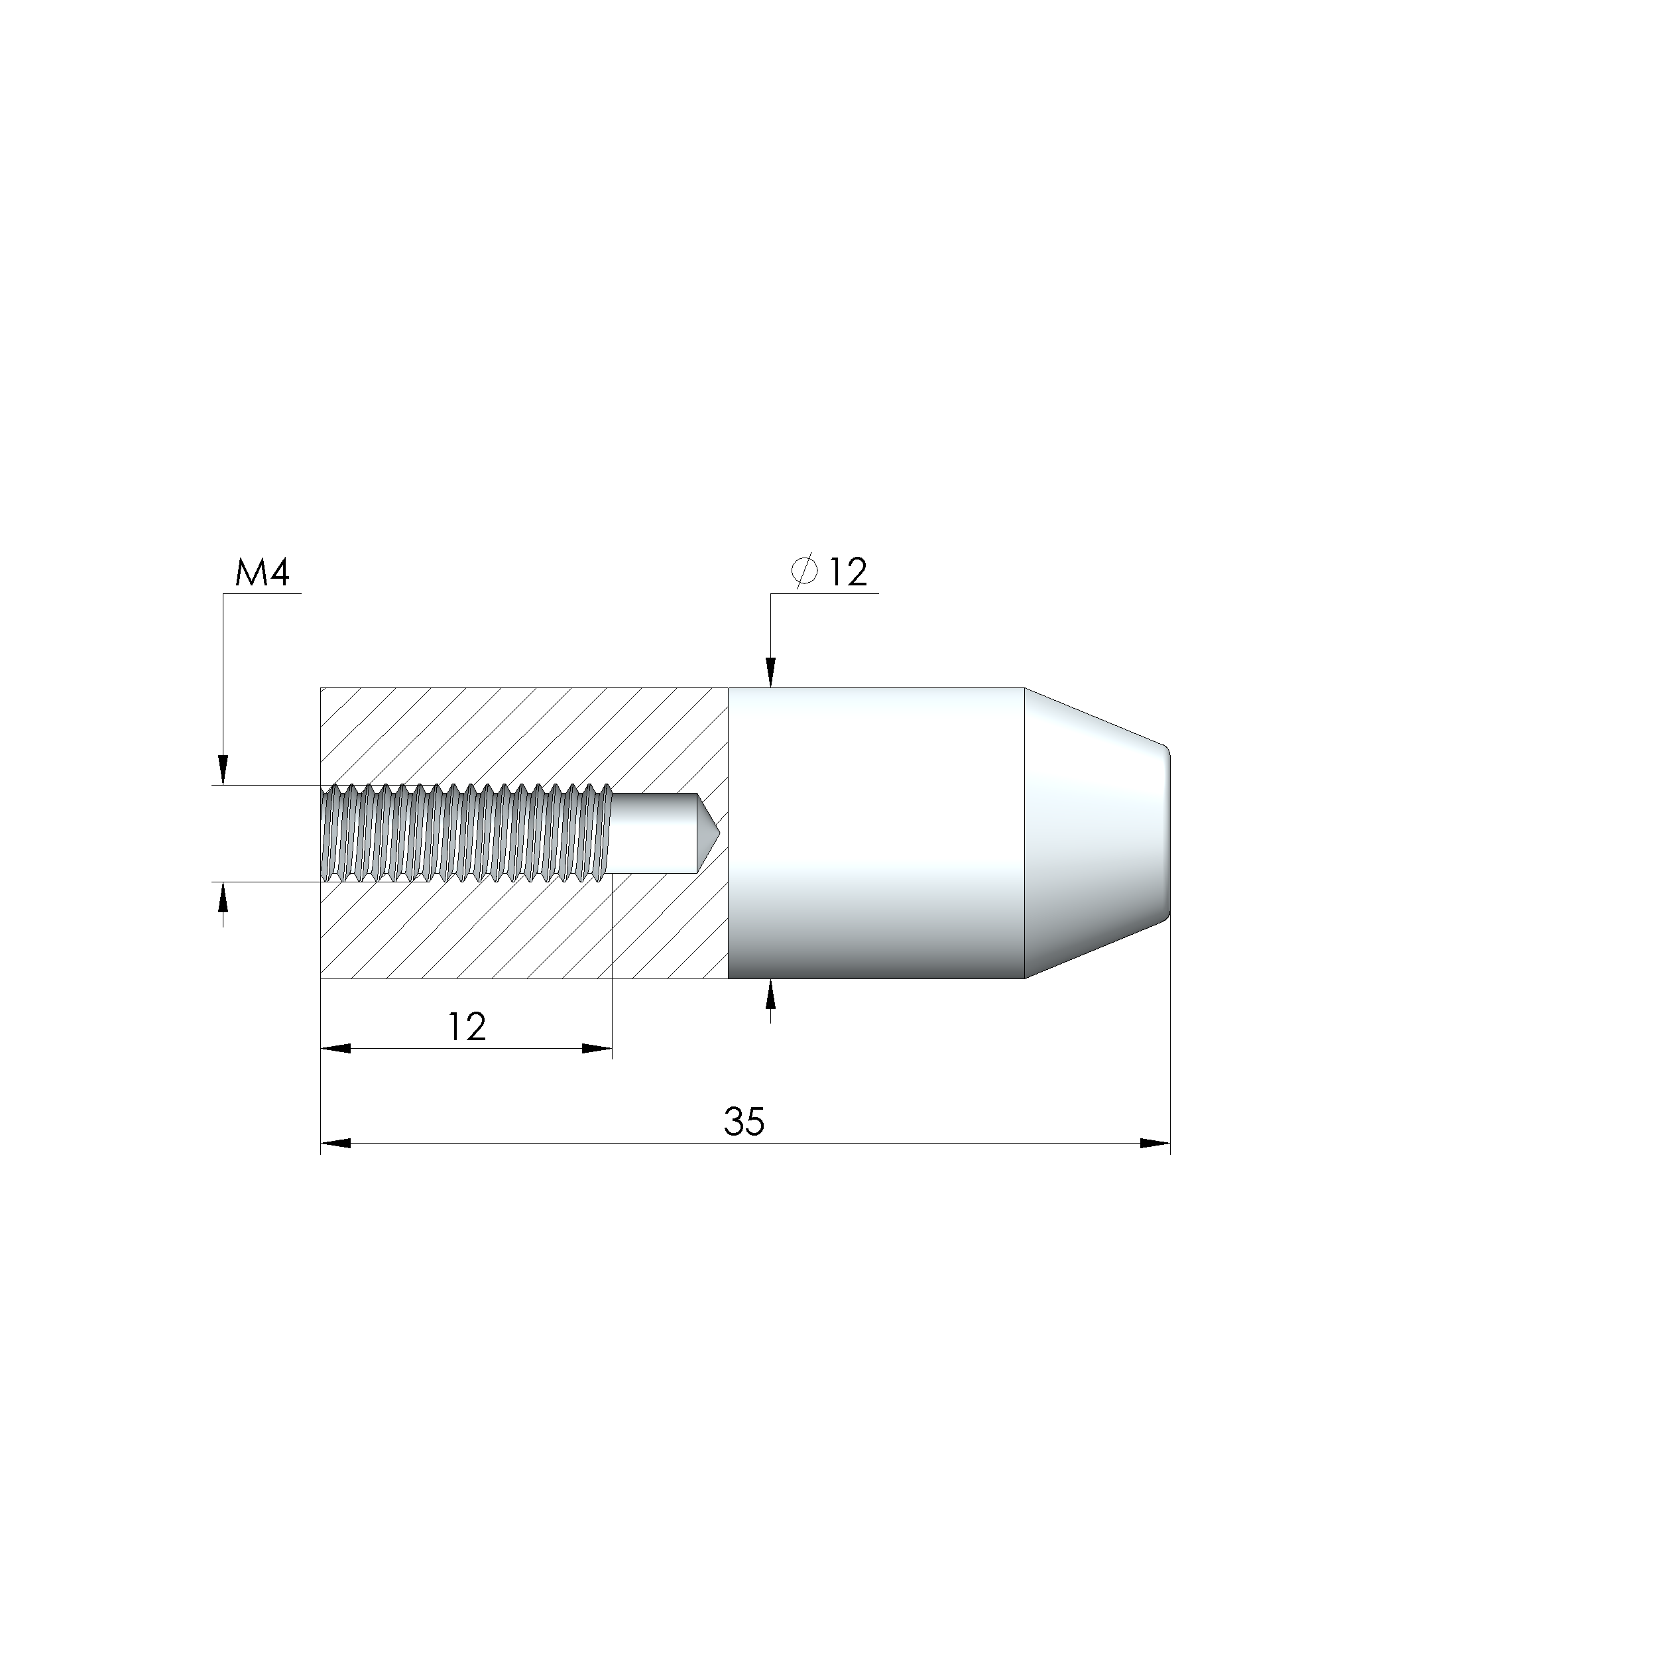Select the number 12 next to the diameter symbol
[x=848, y=573]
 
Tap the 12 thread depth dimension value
[x=467, y=1027]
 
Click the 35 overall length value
[x=743, y=1122]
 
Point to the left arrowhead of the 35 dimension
[x=335, y=1144]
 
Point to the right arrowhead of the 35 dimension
[x=1156, y=1144]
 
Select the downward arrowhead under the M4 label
[x=223, y=770]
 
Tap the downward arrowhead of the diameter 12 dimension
[x=771, y=673]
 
